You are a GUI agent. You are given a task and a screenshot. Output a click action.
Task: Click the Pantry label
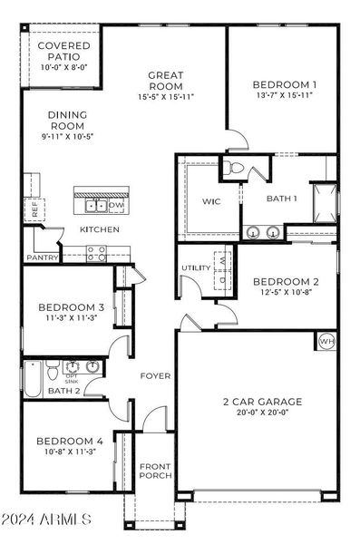43,257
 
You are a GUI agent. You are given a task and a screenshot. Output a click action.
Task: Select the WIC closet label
211,199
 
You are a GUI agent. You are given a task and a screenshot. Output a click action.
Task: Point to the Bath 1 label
281,198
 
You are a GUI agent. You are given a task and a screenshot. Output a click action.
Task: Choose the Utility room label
196,268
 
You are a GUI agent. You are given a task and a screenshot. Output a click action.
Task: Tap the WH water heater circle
326,341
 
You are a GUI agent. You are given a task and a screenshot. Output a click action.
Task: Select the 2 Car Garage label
263,401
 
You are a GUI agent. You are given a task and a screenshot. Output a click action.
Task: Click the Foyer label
155,375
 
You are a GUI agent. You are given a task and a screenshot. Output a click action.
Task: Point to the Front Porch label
154,472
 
